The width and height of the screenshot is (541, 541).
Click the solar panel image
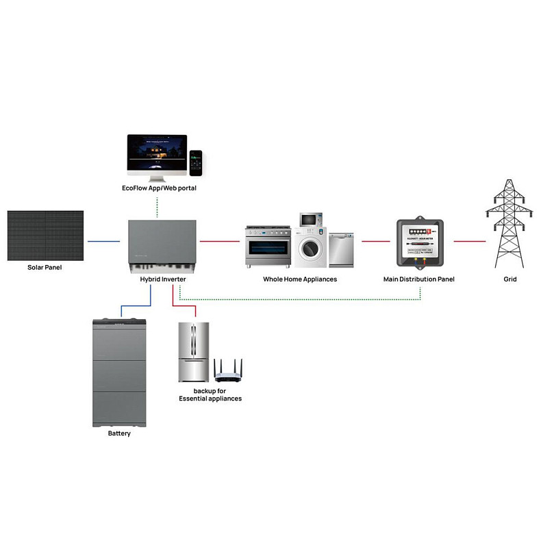[x=45, y=235]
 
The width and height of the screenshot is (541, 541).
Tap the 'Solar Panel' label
[x=45, y=267]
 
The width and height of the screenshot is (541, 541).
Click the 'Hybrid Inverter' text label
[x=158, y=279]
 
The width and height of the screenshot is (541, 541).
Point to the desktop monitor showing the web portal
[x=157, y=154]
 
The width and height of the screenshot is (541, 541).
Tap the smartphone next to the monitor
[x=196, y=163]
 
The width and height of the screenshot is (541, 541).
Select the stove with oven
[x=268, y=247]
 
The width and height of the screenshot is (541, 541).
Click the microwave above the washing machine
[x=310, y=219]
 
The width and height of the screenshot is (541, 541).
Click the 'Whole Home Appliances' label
[x=300, y=279]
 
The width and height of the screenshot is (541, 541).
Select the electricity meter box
[x=418, y=242]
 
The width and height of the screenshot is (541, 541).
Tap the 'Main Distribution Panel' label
[x=418, y=279]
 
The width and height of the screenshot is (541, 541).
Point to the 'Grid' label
[x=509, y=279]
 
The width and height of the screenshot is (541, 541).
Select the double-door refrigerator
[x=193, y=352]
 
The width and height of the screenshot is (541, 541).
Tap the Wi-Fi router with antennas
[x=228, y=371]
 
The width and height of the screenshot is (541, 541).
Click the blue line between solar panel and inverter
[x=103, y=241]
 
